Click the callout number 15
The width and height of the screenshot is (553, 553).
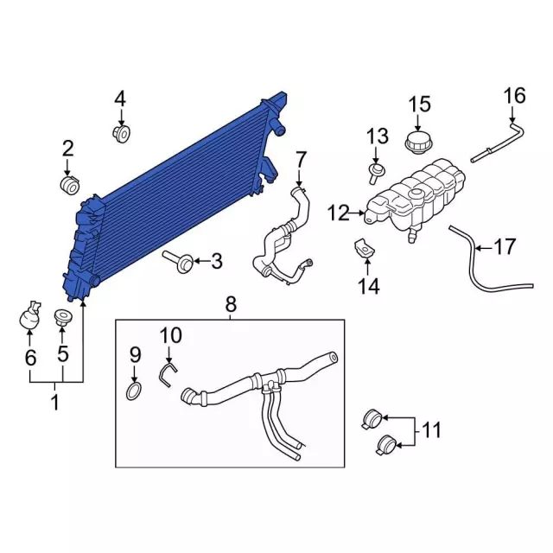(419, 105)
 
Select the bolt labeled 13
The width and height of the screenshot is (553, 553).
(376, 173)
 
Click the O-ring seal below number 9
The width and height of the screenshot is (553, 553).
(134, 391)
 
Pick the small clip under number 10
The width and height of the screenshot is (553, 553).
(167, 374)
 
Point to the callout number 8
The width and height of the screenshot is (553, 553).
(231, 304)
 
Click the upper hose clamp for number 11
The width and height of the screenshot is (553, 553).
(372, 419)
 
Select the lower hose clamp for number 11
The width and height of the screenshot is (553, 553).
(386, 446)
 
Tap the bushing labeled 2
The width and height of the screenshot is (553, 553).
(69, 184)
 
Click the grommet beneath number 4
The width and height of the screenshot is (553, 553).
(122, 133)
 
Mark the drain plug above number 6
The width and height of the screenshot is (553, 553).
(29, 315)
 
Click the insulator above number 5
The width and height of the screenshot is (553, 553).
(62, 317)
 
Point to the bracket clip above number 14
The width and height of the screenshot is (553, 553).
(365, 248)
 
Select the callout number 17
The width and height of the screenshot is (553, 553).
(505, 246)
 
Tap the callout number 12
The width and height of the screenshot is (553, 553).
(338, 213)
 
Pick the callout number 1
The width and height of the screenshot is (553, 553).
(54, 403)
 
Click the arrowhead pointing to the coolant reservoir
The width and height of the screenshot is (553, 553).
(362, 213)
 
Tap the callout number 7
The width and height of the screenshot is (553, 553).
(300, 159)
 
